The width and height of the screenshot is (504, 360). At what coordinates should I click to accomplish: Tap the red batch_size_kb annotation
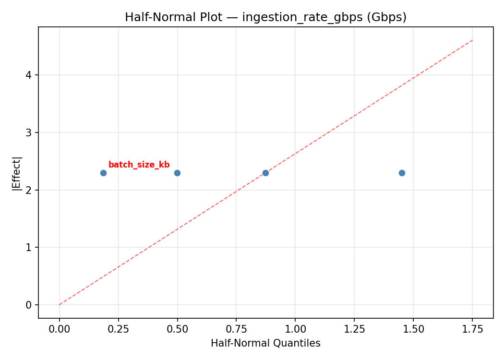[x=139, y=165]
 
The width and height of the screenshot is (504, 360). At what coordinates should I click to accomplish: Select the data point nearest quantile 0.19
[x=103, y=173]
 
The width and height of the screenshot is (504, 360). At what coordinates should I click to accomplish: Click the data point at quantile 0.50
[x=177, y=173]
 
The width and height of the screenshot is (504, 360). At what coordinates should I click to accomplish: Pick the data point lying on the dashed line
[x=265, y=173]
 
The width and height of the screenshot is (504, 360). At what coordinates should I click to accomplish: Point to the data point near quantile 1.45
[x=402, y=173]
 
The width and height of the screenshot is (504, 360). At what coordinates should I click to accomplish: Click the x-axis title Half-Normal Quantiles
[x=265, y=343]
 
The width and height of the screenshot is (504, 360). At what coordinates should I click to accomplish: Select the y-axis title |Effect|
[x=17, y=173]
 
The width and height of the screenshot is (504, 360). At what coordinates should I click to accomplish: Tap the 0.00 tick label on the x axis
[x=60, y=329]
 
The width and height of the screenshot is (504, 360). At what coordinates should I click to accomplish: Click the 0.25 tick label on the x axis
[x=118, y=329]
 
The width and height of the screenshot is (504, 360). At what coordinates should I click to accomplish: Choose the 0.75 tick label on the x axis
[x=236, y=329]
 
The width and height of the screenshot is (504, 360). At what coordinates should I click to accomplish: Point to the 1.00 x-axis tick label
[x=295, y=329]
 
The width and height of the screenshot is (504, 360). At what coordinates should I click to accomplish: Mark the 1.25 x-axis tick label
[x=354, y=329]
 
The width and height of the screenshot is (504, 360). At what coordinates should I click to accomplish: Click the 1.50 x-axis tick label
[x=413, y=329]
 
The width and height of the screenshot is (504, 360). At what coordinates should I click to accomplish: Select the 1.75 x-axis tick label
[x=472, y=329]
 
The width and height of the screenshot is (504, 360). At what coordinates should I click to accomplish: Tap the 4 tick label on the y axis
[x=29, y=75]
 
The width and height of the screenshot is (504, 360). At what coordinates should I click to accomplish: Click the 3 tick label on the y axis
[x=29, y=132]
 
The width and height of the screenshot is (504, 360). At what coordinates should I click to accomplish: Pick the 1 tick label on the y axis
[x=29, y=248]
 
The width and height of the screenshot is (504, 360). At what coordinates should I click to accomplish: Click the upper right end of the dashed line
[x=472, y=40]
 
